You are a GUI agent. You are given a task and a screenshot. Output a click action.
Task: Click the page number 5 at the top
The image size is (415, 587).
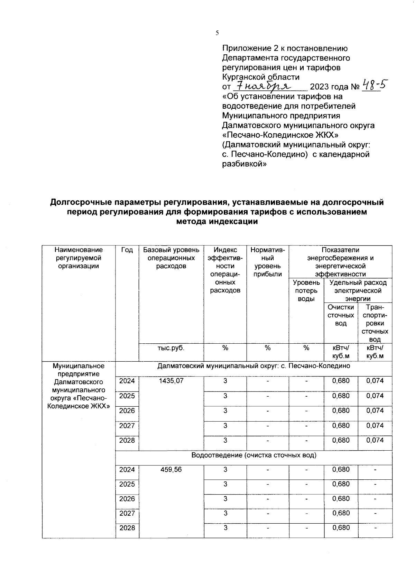[217, 33]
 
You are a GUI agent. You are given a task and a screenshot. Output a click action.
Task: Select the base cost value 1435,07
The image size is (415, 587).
[171, 381]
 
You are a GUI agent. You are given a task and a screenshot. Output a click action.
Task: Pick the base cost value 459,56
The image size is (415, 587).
[171, 470]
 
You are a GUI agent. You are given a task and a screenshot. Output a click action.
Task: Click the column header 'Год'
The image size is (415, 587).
[127, 250]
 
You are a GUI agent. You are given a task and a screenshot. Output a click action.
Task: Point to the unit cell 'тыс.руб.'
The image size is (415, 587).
[171, 348]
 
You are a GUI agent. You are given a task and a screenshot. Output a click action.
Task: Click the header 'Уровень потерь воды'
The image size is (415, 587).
[306, 290]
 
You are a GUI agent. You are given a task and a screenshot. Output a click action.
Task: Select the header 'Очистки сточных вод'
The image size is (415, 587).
[341, 315]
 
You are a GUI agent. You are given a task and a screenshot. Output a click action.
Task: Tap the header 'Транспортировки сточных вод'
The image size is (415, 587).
[375, 323]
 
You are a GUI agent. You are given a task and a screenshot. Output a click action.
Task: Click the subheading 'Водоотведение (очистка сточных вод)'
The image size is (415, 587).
[254, 455]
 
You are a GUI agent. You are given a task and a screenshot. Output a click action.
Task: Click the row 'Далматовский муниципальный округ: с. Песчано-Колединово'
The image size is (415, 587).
[253, 366]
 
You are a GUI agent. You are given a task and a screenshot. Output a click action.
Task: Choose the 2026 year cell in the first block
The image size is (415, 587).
[127, 410]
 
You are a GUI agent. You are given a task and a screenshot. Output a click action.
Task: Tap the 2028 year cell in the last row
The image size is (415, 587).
[127, 528]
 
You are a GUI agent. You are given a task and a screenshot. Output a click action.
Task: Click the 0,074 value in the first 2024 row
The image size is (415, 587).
[375, 381]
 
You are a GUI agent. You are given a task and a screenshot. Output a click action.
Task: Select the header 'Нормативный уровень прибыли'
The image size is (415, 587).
[267, 262]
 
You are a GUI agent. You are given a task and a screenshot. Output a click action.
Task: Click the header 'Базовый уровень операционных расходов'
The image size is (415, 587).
[171, 258]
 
